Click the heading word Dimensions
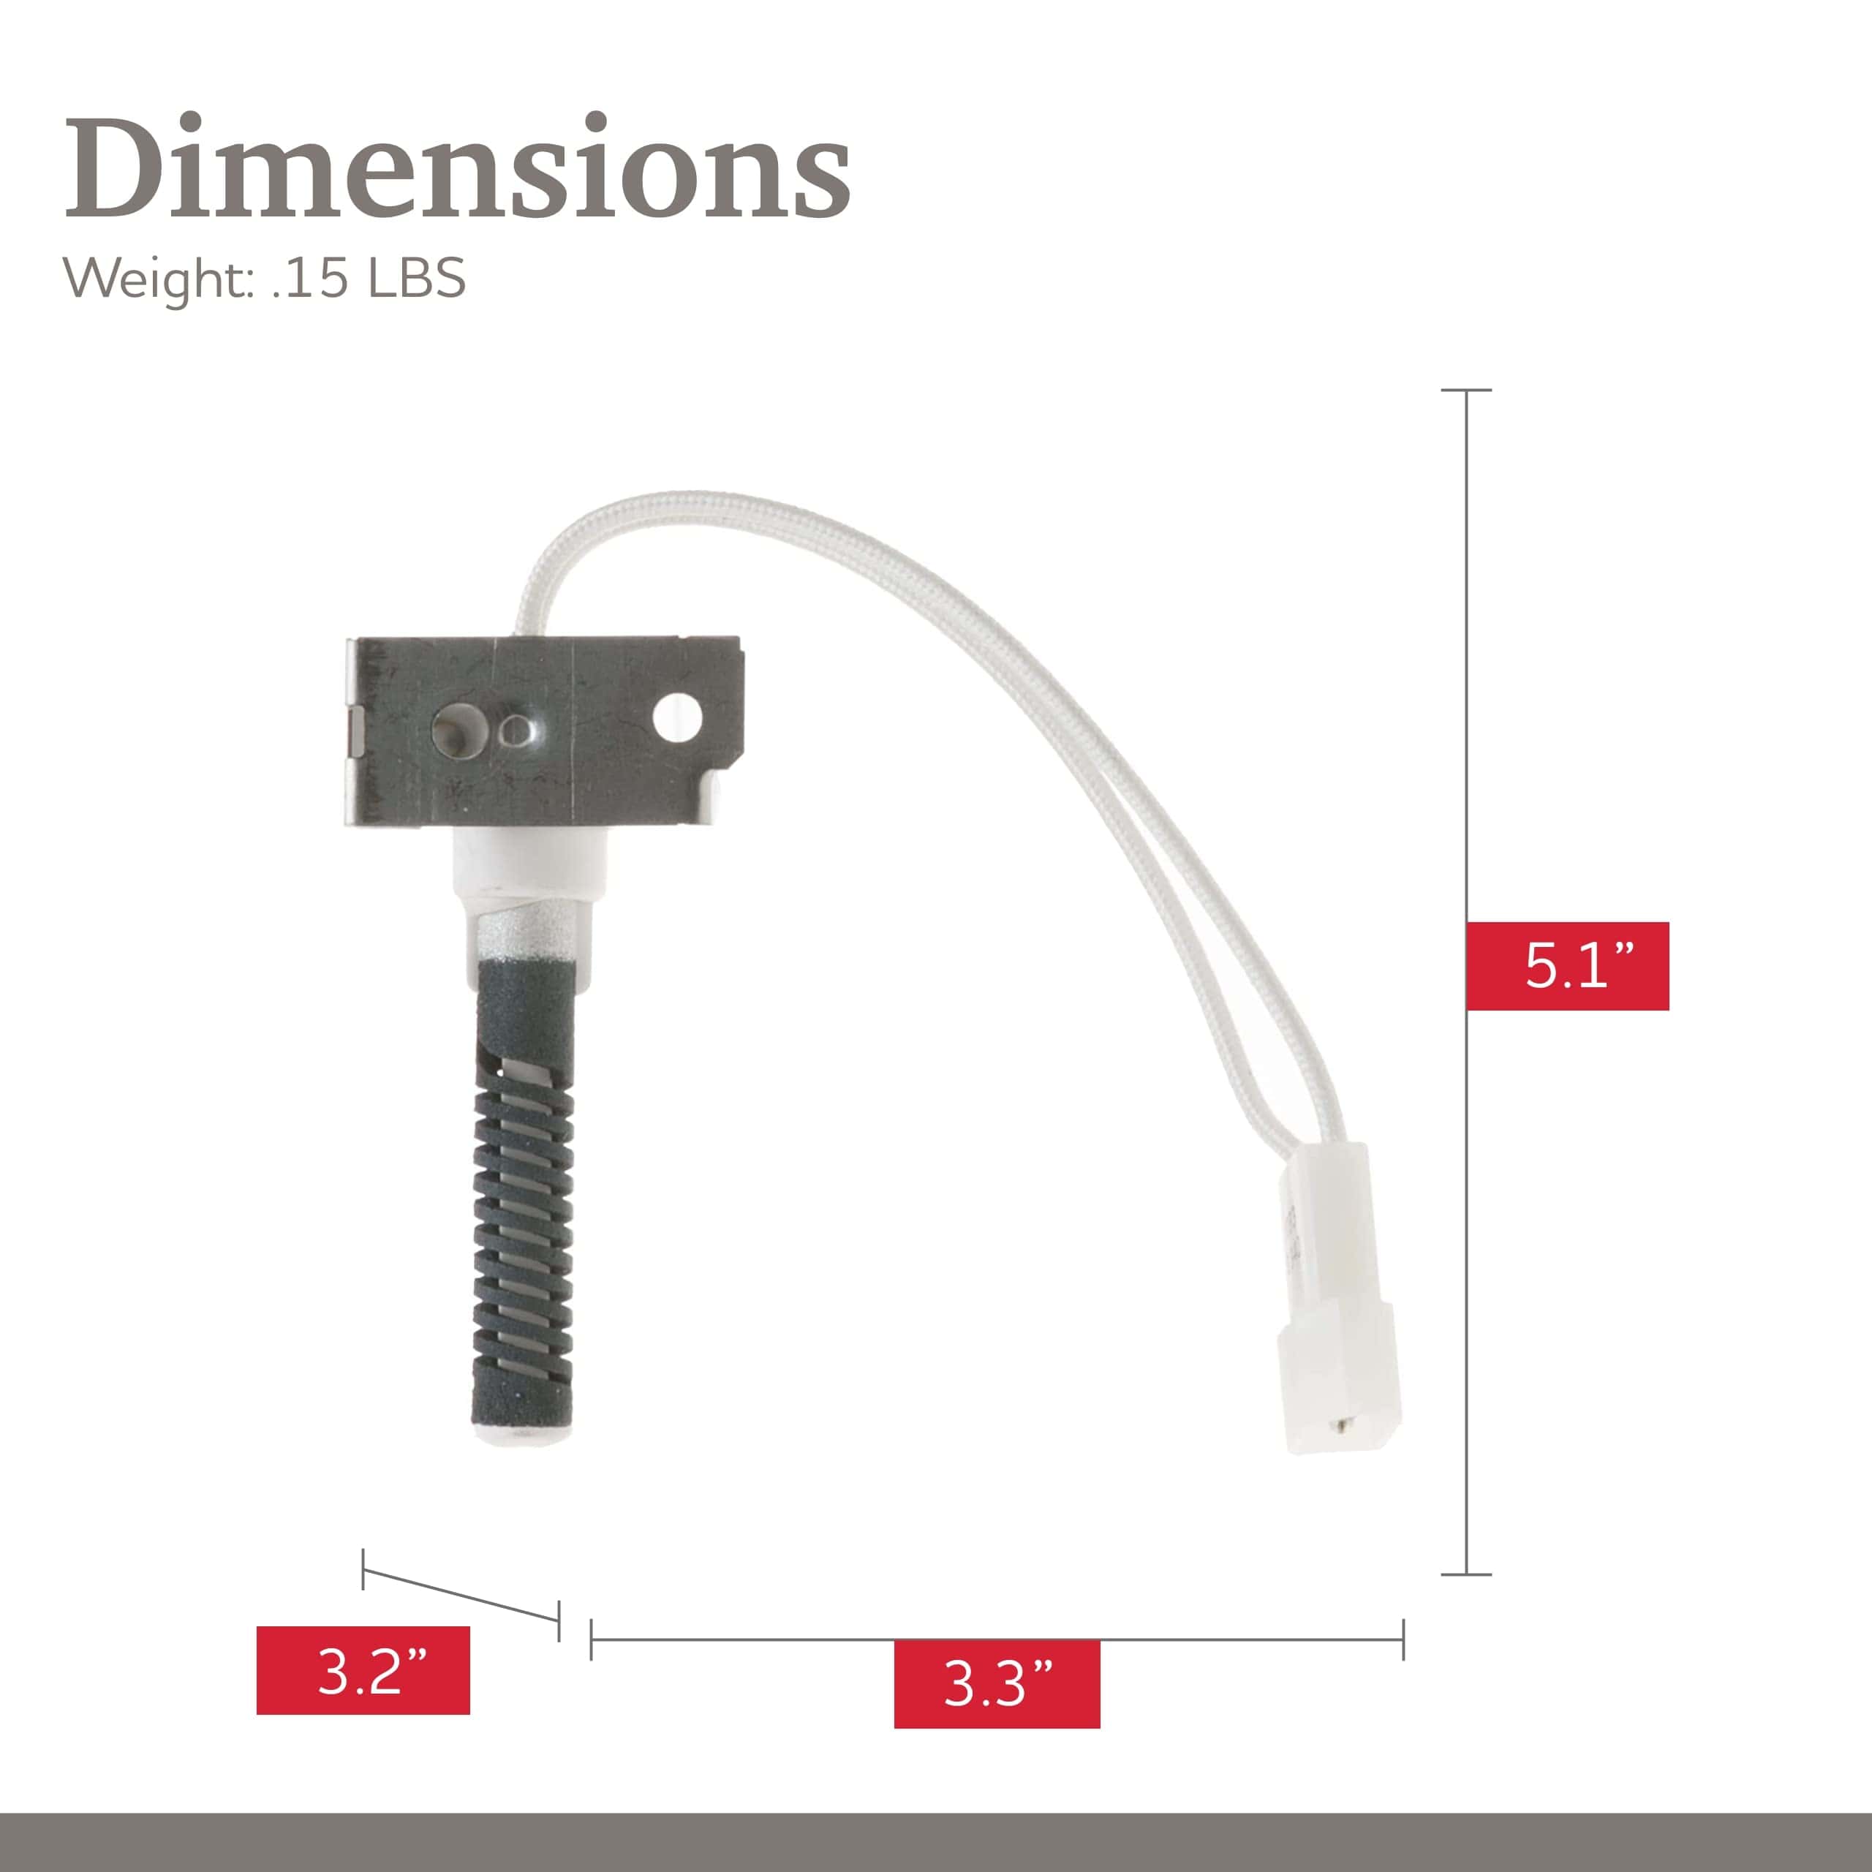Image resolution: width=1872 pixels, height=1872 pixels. pyautogui.click(x=457, y=167)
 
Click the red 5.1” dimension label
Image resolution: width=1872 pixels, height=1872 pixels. pyautogui.click(x=1567, y=966)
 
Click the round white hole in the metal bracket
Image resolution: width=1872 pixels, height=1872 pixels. pyautogui.click(x=677, y=718)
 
